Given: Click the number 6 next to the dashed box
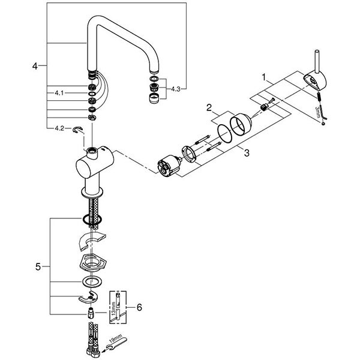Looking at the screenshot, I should tap(139, 307).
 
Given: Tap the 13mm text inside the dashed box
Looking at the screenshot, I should tap(114, 311).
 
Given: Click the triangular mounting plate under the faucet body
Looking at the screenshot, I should tap(90, 263).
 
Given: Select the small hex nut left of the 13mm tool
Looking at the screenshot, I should tap(89, 313).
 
